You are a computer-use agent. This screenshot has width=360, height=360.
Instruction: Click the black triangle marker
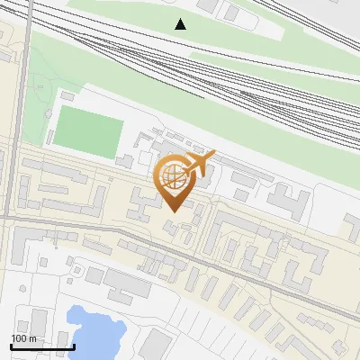181,24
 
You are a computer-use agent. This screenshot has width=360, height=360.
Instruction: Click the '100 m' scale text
24,338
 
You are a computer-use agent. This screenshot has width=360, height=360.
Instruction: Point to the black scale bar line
42,347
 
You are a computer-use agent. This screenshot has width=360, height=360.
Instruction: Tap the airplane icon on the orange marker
198,164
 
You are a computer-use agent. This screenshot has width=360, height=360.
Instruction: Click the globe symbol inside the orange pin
174,177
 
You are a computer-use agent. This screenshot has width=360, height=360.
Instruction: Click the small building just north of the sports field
67,95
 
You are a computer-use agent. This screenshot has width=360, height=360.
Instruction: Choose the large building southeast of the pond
155,345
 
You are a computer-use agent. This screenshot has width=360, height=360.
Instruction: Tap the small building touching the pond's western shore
67,318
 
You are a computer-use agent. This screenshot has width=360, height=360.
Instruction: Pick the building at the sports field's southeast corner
126,161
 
